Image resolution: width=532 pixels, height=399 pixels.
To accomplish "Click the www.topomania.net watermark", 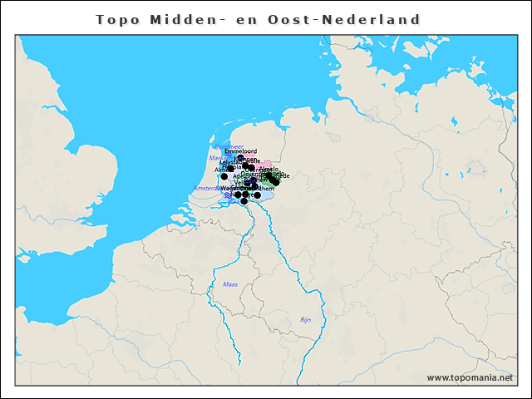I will point(470,377).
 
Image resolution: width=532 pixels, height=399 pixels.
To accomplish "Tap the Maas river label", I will point(230,284).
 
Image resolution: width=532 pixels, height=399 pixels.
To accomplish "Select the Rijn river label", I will point(305,320).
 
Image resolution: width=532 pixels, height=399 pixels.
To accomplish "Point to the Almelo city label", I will point(268,170).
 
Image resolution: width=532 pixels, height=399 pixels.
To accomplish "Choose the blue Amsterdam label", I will point(206,189).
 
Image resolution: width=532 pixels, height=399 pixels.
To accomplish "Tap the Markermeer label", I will point(216,157).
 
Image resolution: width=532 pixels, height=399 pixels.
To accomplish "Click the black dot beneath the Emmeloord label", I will point(240,158).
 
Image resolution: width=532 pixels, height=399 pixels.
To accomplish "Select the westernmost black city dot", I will point(224,176).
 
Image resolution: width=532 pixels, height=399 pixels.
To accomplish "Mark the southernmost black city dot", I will point(244,201).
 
